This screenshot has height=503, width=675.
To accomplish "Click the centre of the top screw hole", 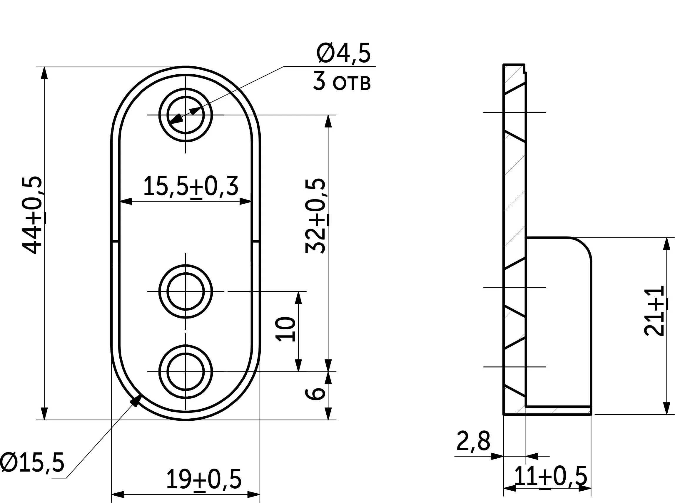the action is (186, 115).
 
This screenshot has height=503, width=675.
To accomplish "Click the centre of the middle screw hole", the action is (186, 291).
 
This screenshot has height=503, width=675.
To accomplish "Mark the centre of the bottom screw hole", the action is (186, 371).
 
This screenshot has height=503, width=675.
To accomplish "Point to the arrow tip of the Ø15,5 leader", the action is (142, 394).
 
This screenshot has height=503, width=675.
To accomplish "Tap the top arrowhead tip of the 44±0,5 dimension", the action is (44, 67).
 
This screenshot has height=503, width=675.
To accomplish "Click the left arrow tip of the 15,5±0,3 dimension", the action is (119, 201).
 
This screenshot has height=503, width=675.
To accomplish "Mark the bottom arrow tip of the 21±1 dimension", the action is (667, 414).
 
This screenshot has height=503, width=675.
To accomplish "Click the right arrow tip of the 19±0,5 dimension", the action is (260, 494).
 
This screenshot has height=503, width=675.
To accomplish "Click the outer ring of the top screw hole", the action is (186, 115).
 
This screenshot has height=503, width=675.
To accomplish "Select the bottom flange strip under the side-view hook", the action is (558, 410).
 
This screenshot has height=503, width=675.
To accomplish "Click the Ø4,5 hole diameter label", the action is (344, 53).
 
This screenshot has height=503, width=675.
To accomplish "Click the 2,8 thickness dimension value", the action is (473, 441).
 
